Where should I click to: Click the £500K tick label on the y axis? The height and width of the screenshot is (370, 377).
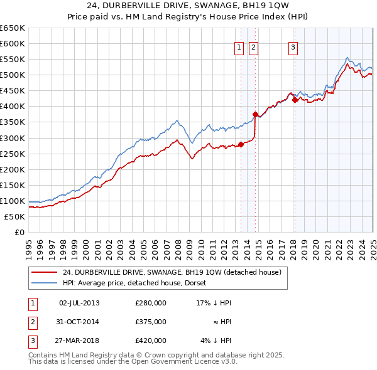point(12,75)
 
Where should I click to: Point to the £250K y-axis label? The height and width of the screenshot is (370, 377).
point(12,154)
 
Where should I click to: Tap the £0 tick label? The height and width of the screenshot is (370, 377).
point(19,233)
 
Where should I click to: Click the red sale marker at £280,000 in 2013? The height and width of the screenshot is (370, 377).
point(241,144)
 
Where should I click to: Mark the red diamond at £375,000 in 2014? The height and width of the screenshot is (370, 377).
point(255,114)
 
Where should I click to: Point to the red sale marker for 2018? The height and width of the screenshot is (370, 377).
point(295,100)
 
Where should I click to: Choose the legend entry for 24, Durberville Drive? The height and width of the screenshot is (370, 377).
point(175,272)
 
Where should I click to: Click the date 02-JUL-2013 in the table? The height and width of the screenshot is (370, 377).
point(79,303)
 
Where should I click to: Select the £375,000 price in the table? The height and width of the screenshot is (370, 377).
point(150,322)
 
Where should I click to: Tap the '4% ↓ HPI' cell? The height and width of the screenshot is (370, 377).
point(215,341)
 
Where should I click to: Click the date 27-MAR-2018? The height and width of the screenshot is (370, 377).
point(79,341)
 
